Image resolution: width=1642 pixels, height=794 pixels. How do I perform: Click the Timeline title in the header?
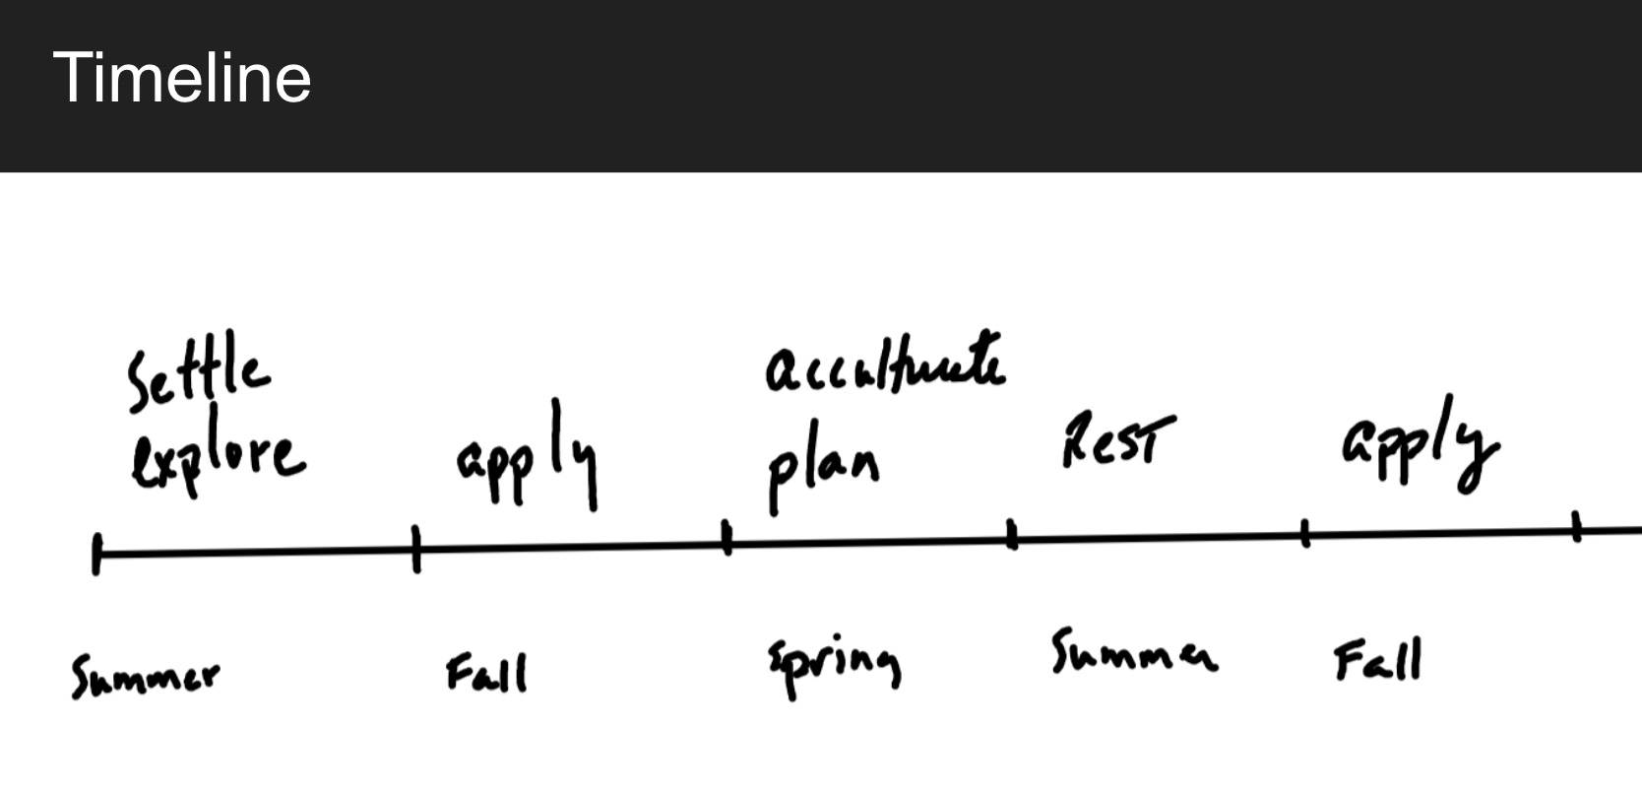[182, 77]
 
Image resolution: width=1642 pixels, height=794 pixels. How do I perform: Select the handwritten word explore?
[217, 458]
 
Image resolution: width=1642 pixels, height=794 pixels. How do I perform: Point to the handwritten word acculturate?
[885, 366]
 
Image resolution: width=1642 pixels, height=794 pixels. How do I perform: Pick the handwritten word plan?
[823, 470]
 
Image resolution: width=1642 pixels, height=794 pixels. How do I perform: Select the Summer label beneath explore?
[145, 676]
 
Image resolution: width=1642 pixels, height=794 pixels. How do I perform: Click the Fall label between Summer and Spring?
[486, 673]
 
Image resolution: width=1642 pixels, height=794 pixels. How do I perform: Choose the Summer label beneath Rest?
[1132, 652]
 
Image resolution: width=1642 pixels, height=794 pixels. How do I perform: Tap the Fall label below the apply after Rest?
[1377, 660]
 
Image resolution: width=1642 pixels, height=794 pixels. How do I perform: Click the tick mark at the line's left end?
[96, 554]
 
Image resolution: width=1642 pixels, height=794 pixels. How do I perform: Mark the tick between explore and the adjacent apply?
[416, 549]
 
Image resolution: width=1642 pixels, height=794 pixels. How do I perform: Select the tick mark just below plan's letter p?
[727, 539]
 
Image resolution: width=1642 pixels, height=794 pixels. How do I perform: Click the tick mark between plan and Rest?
[1012, 535]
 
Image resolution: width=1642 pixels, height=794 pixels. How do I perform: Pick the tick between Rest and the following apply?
[1305, 534]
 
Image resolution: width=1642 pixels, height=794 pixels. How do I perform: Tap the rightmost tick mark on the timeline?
[1576, 528]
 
